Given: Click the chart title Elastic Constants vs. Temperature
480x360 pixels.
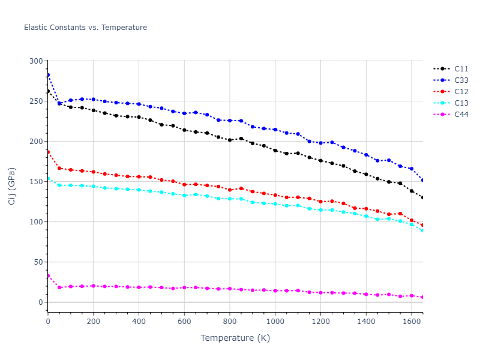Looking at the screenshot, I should click(x=85, y=28).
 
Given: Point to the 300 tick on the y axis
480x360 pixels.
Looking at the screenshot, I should click(x=36, y=61).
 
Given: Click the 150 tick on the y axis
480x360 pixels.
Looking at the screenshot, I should click(x=36, y=182).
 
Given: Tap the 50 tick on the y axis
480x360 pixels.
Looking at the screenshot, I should click(x=38, y=262).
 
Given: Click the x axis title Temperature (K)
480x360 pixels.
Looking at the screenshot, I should click(x=235, y=338).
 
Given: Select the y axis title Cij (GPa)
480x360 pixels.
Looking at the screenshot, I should click(x=12, y=186).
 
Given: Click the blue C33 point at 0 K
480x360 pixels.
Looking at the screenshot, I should click(x=48, y=75).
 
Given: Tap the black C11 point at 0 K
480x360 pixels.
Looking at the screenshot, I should click(x=48, y=91).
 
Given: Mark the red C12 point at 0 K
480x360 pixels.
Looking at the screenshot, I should click(x=48, y=152).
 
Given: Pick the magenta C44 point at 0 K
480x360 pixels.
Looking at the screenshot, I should click(x=48, y=276).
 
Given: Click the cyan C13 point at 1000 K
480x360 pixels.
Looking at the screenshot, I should click(x=275, y=204).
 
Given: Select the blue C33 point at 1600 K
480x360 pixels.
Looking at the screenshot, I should click(x=412, y=169).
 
